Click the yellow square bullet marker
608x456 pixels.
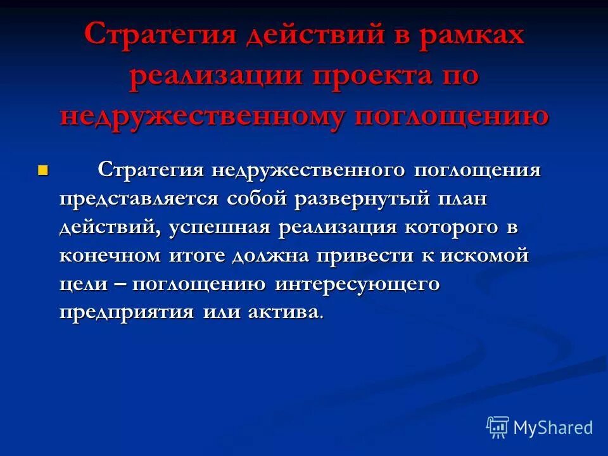(43, 170)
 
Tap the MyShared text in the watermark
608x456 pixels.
(553, 427)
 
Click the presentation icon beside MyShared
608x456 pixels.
(498, 427)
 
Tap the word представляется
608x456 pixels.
(139, 199)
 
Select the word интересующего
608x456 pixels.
(357, 285)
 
